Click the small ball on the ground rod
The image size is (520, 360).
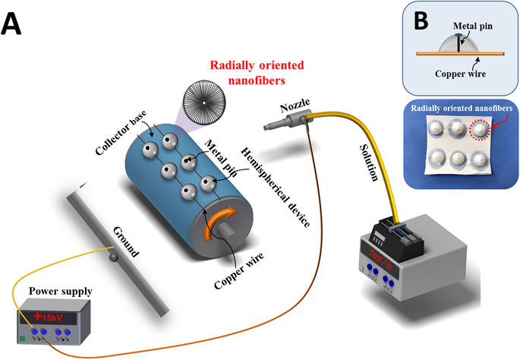pyautogui.click(x=114, y=259)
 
